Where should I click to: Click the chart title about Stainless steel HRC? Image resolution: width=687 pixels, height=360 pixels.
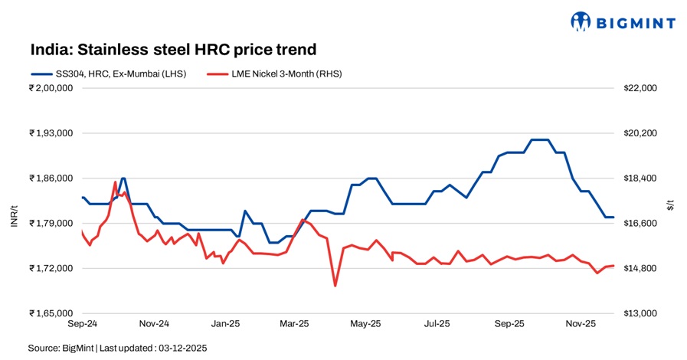pyautogui.click(x=173, y=50)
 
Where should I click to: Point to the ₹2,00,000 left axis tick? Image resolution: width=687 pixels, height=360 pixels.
pyautogui.click(x=51, y=88)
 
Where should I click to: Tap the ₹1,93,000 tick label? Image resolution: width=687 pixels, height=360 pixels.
pyautogui.click(x=51, y=133)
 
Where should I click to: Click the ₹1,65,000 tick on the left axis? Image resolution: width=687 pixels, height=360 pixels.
pyautogui.click(x=51, y=313)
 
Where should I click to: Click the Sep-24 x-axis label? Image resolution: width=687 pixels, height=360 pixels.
pyautogui.click(x=81, y=324)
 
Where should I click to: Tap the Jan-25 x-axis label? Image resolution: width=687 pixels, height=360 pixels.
pyautogui.click(x=226, y=324)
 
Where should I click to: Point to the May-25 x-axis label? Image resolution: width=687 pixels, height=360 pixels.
pyautogui.click(x=365, y=324)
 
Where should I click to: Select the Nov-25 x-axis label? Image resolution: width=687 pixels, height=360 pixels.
pyautogui.click(x=581, y=324)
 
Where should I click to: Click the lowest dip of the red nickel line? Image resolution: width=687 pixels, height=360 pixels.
pyautogui.click(x=335, y=286)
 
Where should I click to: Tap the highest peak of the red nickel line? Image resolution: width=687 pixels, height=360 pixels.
pyautogui.click(x=116, y=182)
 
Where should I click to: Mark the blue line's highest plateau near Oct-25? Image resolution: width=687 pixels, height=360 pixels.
pyautogui.click(x=540, y=139)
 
